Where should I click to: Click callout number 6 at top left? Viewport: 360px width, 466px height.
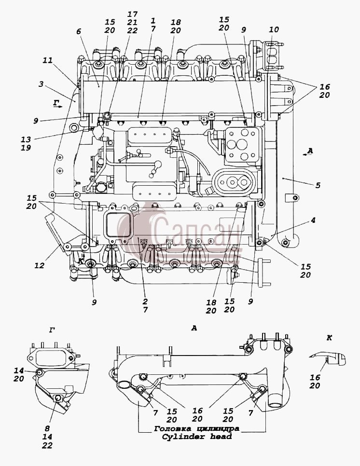click(x=79, y=31)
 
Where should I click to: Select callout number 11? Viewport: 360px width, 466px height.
click(x=47, y=60)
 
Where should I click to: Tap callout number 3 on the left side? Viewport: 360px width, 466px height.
click(x=41, y=84)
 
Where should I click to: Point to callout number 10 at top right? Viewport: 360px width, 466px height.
click(x=274, y=29)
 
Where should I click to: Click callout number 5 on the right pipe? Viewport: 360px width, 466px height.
click(x=318, y=185)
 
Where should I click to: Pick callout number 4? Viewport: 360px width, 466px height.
click(x=313, y=220)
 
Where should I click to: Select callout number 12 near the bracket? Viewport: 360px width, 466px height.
click(x=39, y=265)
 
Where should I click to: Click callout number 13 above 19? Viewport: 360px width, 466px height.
click(x=26, y=139)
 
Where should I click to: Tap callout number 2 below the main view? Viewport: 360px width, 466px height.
click(x=145, y=302)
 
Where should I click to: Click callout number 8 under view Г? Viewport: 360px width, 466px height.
click(x=47, y=428)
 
